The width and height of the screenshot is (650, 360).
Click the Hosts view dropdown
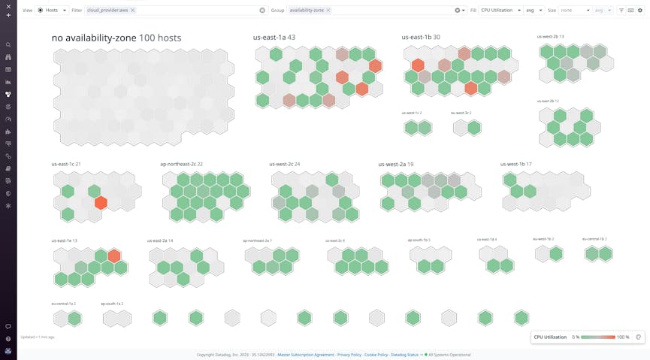[52, 11]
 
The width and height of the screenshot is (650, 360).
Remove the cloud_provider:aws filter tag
[133, 11]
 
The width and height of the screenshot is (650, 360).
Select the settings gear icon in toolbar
[640, 11]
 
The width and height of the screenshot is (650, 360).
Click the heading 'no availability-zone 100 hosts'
[116, 38]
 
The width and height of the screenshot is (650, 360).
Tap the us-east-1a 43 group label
[274, 37]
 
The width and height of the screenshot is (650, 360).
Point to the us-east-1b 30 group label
[421, 37]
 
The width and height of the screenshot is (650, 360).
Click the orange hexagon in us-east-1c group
[101, 202]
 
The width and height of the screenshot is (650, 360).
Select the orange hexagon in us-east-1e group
[114, 256]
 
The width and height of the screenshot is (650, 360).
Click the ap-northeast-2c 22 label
[181, 164]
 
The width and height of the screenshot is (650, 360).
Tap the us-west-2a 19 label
[395, 164]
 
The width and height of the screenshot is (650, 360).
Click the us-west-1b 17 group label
[515, 164]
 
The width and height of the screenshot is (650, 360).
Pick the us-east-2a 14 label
[160, 241]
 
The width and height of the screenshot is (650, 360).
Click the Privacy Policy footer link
[349, 354]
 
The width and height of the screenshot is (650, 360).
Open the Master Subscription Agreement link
[305, 354]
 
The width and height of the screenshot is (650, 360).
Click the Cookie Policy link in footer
[377, 354]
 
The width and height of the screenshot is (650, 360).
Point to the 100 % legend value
[622, 337]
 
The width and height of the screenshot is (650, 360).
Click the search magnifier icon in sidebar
[8, 44]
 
